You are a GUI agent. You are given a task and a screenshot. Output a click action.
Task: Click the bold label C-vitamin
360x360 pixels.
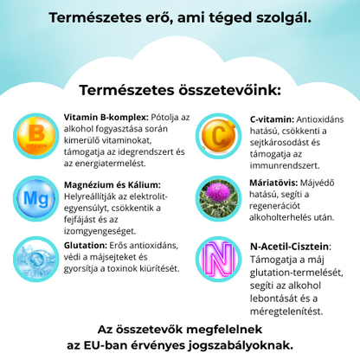click(271, 118)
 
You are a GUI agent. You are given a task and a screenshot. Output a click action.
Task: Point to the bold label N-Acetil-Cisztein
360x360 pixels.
click(290, 246)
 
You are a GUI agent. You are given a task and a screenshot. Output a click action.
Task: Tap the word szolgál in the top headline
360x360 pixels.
click(280, 17)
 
